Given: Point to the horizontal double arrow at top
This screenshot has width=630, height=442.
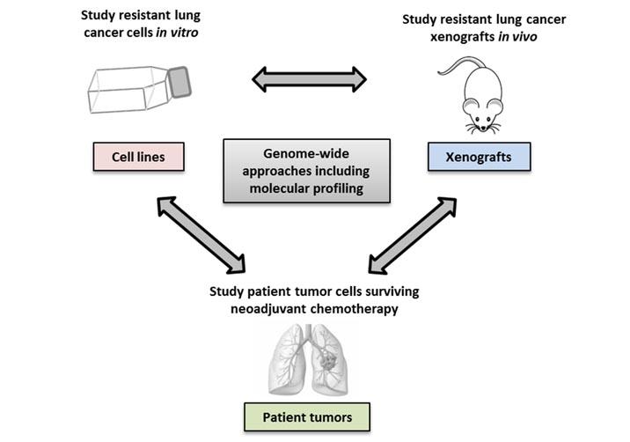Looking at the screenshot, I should point(309,79).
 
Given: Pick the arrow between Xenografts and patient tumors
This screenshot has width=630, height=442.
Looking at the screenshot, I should point(414,233).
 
